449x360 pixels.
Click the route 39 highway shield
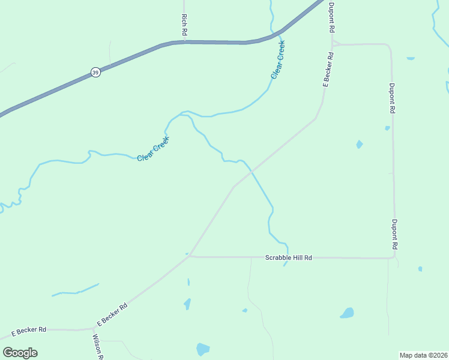(x=95, y=72)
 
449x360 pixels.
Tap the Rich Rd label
(x=184, y=23)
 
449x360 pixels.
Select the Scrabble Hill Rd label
(x=289, y=257)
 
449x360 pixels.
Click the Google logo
(x=20, y=353)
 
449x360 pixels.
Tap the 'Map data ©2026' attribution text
(x=423, y=355)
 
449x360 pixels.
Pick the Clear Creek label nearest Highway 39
(x=277, y=59)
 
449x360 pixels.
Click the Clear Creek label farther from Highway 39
(x=153, y=149)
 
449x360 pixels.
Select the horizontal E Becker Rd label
(x=29, y=331)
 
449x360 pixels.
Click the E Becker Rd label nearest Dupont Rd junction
(x=328, y=70)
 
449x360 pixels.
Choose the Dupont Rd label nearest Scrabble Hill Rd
(x=395, y=235)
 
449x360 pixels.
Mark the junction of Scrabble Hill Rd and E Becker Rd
(x=190, y=256)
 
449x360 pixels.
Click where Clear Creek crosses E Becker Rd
(x=252, y=172)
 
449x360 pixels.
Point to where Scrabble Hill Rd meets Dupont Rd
(x=393, y=257)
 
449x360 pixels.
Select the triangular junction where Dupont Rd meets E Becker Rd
(x=333, y=44)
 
